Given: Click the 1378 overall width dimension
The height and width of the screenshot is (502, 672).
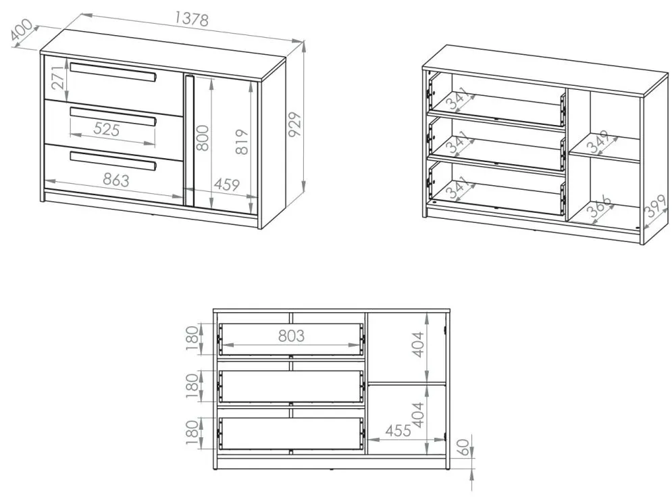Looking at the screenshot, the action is [192, 20].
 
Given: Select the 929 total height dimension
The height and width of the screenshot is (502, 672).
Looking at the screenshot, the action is [295, 124].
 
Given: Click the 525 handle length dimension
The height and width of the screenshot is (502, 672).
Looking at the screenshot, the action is [106, 128].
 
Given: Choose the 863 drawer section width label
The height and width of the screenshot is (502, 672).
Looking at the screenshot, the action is [115, 180].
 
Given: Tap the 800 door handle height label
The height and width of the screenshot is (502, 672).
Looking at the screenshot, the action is [203, 138].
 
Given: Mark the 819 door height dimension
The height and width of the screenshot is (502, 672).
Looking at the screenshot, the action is [242, 141].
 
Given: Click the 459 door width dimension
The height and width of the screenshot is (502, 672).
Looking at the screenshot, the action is [227, 184].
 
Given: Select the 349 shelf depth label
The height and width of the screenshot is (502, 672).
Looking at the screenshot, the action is [598, 142].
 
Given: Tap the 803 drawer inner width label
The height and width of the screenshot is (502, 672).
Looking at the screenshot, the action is [292, 336].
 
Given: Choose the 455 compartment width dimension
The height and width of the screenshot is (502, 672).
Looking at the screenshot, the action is [398, 430].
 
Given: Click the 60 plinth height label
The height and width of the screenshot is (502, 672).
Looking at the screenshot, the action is [460, 447].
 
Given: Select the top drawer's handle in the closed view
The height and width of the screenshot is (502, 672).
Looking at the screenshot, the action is [113, 73].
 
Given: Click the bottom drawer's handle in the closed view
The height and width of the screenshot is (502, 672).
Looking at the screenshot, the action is [113, 161].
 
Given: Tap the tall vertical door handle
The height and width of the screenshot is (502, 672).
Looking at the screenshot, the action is [189, 140].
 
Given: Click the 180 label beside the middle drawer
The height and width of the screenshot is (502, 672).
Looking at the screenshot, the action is [192, 385].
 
